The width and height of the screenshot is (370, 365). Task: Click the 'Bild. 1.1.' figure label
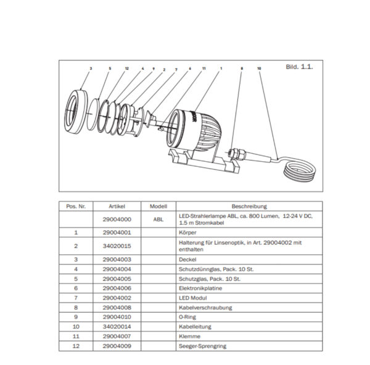(300, 66)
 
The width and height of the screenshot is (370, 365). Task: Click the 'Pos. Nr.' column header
(75, 206)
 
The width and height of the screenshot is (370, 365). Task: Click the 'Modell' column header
(158, 206)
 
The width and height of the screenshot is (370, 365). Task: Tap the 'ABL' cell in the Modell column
(158, 219)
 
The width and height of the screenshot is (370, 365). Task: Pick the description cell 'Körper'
(187, 233)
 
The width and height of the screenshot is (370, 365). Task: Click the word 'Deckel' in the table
(188, 259)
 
